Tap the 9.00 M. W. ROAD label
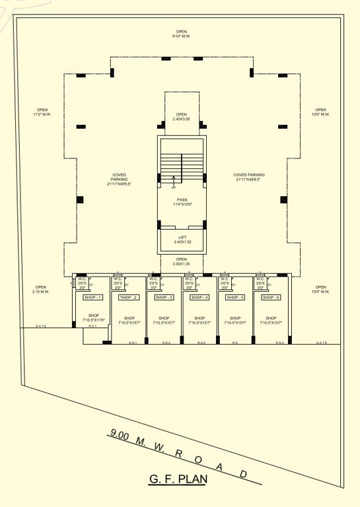178,454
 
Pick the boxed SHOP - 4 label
199,298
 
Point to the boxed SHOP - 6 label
271,298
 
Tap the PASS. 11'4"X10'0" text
182,202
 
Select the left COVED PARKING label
120,178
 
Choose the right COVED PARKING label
249,178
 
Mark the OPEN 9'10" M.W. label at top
182,34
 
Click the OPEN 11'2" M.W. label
42,112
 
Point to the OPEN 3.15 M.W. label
41,289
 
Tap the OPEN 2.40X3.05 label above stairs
182,116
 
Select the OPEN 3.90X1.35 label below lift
182,261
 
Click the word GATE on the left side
42,325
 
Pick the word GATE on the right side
322,343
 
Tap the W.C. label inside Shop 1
82,279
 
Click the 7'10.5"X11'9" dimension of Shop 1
92,320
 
